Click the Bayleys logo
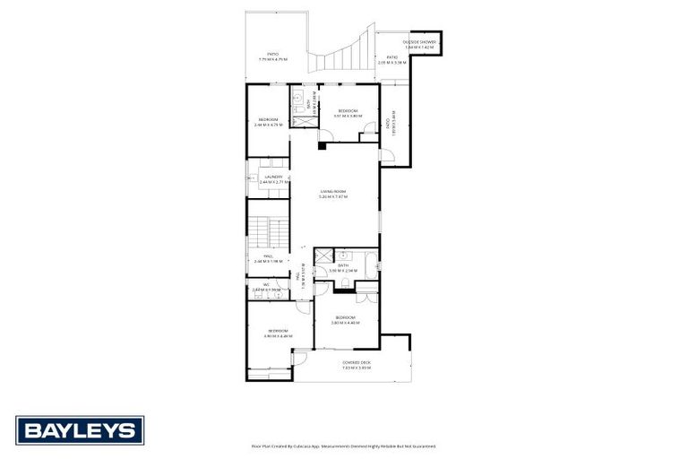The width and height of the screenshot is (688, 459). pyautogui.click(x=80, y=430)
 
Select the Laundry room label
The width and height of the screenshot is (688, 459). pyautogui.click(x=273, y=179)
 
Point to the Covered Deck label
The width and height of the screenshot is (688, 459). pyautogui.click(x=356, y=365)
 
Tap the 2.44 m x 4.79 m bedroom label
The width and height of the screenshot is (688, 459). pyautogui.click(x=269, y=122)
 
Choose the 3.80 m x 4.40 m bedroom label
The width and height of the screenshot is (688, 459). pyautogui.click(x=346, y=320)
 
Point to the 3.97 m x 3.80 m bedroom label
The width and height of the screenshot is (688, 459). pyautogui.click(x=347, y=113)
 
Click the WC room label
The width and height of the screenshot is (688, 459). pyautogui.click(x=267, y=288)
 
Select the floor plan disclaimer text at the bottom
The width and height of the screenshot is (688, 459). pyautogui.click(x=344, y=446)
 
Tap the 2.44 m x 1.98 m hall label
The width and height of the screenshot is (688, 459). pyautogui.click(x=268, y=259)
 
